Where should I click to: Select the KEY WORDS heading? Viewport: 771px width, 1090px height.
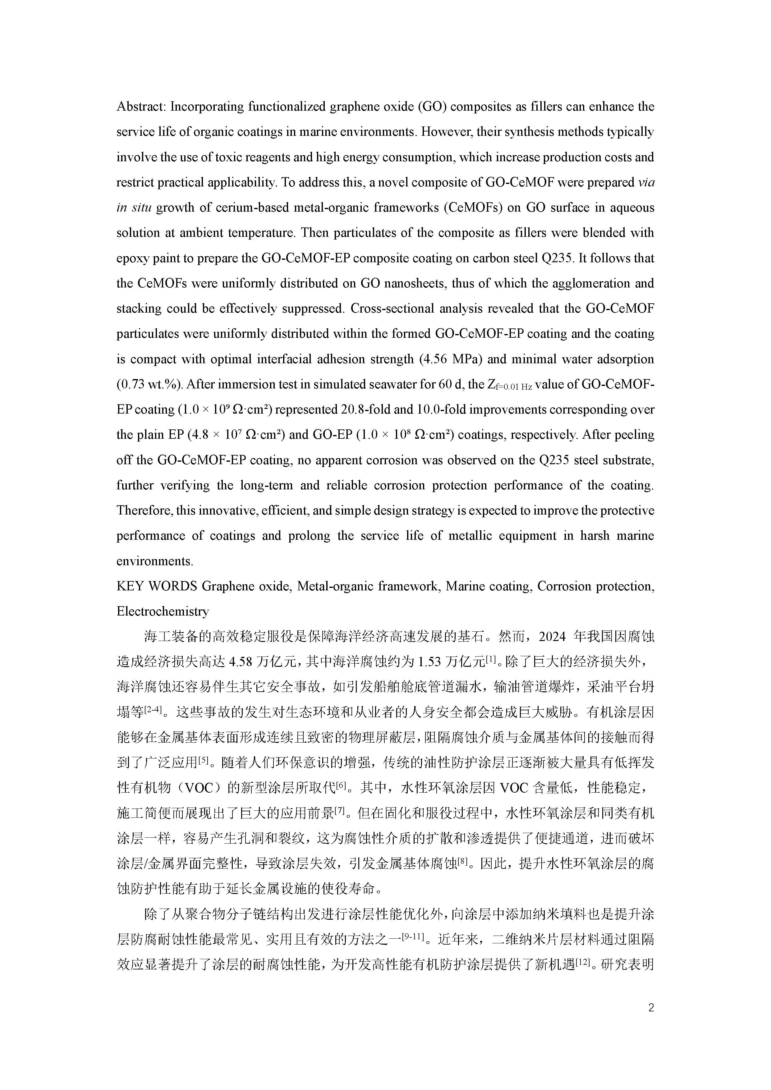pyautogui.click(x=157, y=586)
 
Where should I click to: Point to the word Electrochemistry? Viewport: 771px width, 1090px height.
pyautogui.click(x=162, y=611)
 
